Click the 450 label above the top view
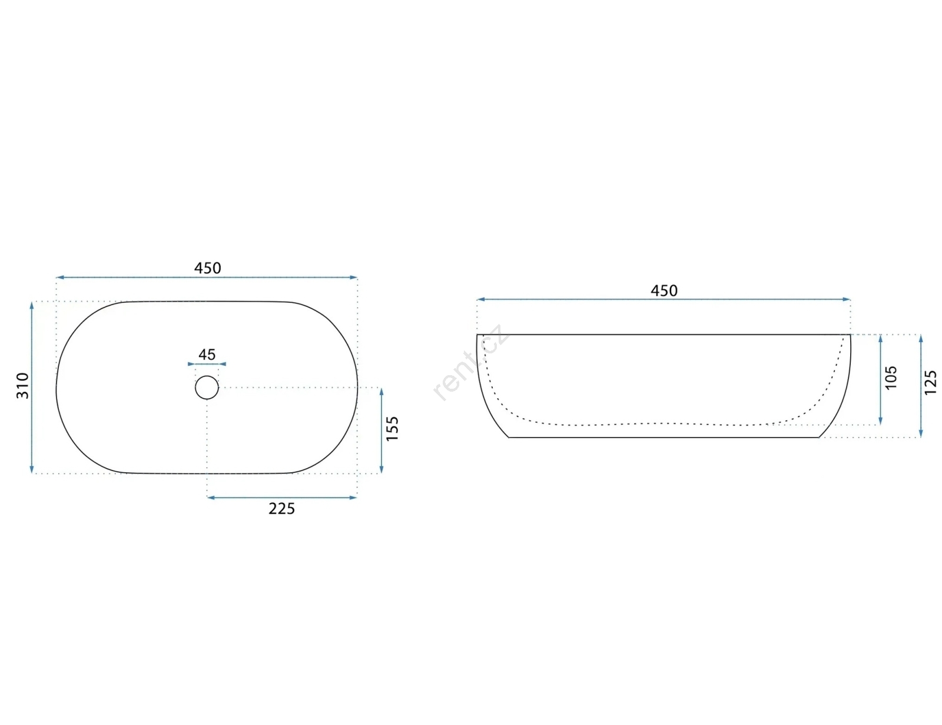[208, 269]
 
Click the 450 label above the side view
[664, 290]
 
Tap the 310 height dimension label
[22, 386]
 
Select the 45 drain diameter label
[207, 355]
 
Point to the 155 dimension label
[392, 429]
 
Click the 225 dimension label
[282, 509]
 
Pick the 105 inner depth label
[891, 378]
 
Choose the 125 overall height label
[930, 382]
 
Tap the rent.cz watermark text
[470, 363]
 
